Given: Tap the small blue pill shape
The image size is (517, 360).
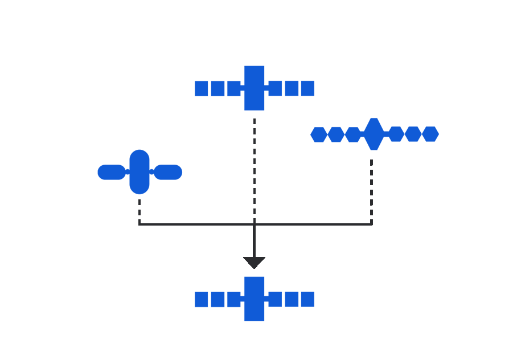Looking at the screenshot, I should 169,172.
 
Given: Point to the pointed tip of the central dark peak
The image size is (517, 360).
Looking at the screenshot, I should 254,116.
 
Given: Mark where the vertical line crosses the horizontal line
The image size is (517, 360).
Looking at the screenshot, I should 255,224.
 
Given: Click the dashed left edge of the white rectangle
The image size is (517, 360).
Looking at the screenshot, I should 139,208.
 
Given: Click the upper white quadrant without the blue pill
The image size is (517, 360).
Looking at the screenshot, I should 313,191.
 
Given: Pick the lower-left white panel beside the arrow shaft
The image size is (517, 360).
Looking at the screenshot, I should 194,247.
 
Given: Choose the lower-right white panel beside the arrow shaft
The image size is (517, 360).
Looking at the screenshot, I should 313,247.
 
